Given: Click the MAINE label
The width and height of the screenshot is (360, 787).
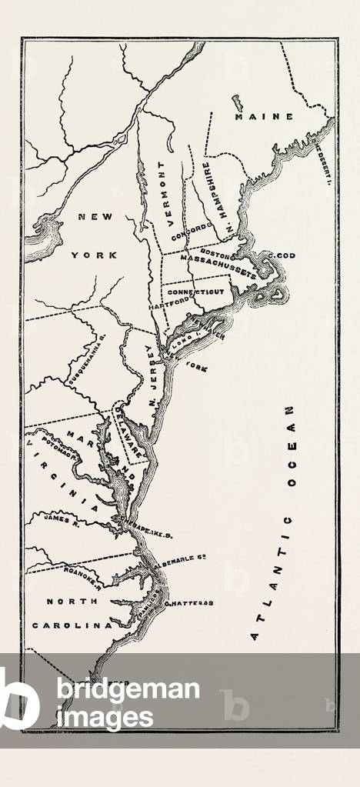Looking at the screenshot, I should pyautogui.click(x=264, y=116).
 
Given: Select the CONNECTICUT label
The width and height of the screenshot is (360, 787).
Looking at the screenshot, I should pyautogui.click(x=195, y=293).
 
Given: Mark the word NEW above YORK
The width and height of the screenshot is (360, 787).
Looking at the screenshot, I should pyautogui.click(x=95, y=218).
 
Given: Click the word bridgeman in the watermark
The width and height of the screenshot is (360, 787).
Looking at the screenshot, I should pyautogui.click(x=128, y=689).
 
